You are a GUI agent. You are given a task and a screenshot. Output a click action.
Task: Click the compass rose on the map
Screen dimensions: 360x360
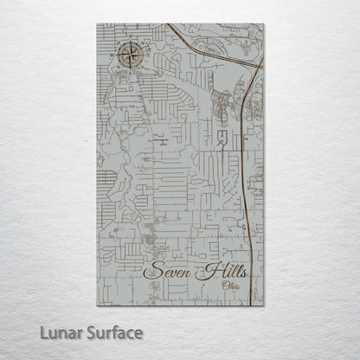click(x=130, y=58)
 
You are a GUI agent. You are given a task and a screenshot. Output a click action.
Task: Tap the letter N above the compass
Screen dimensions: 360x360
click(x=130, y=42)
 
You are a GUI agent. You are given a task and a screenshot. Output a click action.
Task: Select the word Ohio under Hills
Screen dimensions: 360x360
click(x=232, y=285)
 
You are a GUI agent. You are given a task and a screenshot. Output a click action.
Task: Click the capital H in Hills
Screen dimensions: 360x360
click(x=205, y=270)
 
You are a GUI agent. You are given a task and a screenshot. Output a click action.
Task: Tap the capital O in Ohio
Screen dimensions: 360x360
click(x=225, y=285)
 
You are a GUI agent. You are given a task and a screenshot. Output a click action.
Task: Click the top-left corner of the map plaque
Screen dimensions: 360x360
click(x=97, y=24)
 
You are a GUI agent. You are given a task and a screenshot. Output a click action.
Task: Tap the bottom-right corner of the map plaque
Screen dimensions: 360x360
click(x=263, y=305)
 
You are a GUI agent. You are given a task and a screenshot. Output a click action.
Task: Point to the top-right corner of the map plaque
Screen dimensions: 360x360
click(x=263, y=24)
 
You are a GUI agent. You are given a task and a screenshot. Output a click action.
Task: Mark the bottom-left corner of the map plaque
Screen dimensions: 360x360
click(x=97, y=305)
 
